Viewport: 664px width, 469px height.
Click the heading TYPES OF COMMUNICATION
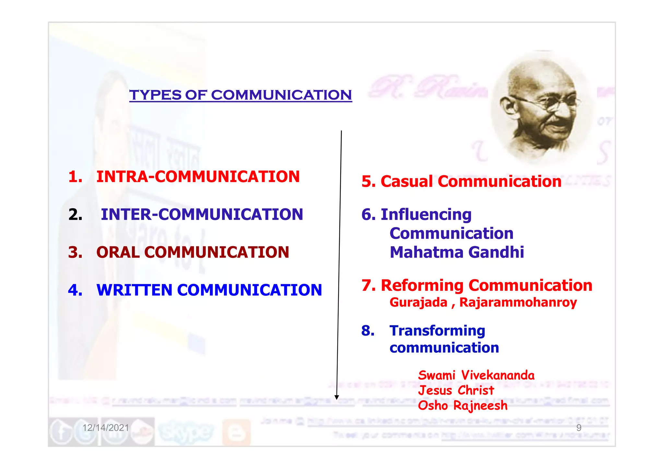tap(241, 95)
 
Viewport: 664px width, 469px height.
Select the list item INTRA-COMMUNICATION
tap(198, 177)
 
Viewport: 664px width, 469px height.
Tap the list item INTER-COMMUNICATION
tap(202, 214)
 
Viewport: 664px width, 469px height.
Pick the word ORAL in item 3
tap(118, 252)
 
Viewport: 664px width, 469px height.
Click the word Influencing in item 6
tap(426, 214)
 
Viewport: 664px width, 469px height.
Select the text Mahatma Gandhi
tap(456, 252)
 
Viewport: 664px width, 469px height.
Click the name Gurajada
tap(418, 303)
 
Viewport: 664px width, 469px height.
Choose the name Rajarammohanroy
tap(518, 303)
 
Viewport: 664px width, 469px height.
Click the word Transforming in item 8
tap(437, 331)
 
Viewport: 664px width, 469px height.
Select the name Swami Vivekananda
tap(476, 375)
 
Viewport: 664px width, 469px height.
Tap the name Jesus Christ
tap(456, 390)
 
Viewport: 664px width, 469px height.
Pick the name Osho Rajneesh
tap(462, 406)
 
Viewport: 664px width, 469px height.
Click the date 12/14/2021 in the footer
tap(105, 428)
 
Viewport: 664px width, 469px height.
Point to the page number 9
tap(579, 428)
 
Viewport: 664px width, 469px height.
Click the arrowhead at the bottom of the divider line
tap(337, 397)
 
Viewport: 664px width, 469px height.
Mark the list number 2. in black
tap(75, 214)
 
